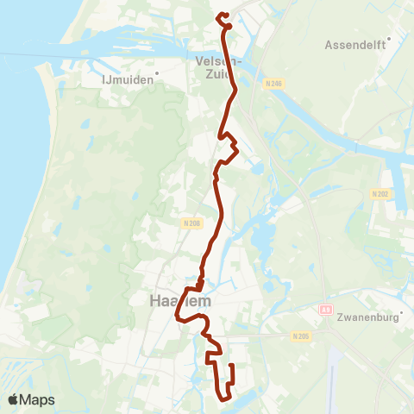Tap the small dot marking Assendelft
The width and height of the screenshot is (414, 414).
tap(390, 38)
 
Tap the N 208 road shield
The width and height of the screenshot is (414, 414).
tap(191, 223)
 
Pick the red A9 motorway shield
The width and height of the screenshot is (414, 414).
tap(325, 308)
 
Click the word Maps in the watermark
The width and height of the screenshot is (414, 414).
tap(38, 400)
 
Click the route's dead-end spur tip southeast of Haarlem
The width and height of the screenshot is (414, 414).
tap(232, 367)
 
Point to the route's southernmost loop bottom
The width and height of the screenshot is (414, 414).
tap(223, 398)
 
